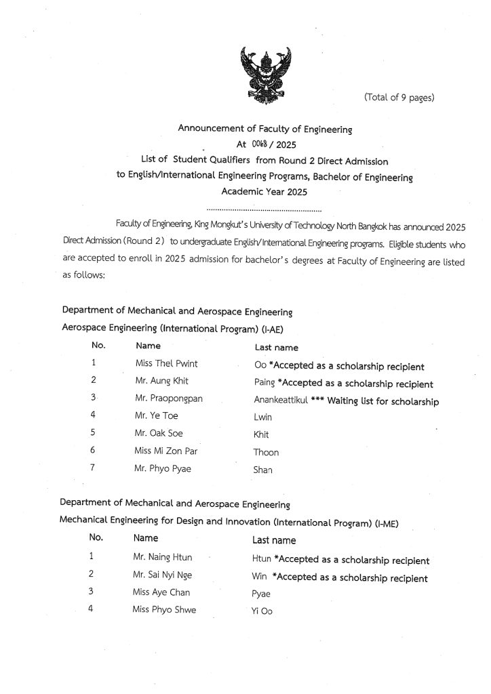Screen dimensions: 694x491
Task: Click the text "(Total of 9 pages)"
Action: coord(399,98)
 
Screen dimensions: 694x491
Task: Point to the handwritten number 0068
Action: coord(260,144)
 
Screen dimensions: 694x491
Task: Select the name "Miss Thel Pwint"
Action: coord(167,364)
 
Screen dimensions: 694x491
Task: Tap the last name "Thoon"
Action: coord(266,453)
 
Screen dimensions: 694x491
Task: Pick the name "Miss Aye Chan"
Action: coord(161,592)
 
